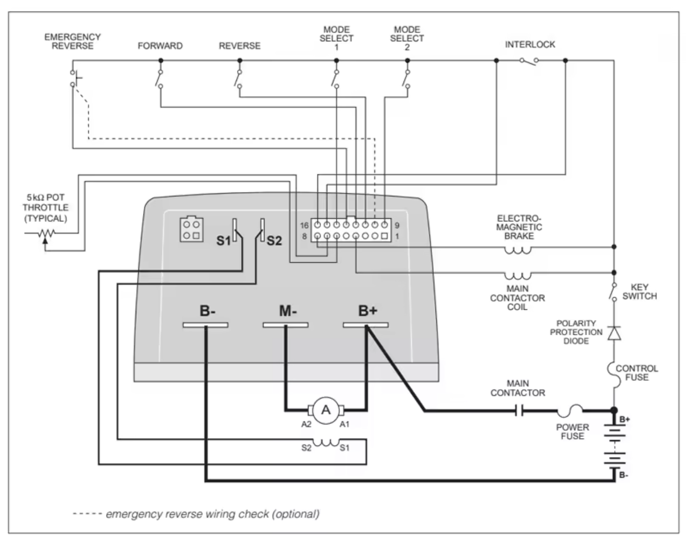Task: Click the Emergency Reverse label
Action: pyautogui.click(x=73, y=41)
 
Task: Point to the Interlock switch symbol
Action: pyautogui.click(x=529, y=61)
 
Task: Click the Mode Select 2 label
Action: pyautogui.click(x=407, y=38)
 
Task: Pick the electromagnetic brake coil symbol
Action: pyautogui.click(x=518, y=251)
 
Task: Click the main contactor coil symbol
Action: pyautogui.click(x=518, y=276)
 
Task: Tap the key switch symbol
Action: pyautogui.click(x=613, y=292)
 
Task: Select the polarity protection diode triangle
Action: pyautogui.click(x=614, y=333)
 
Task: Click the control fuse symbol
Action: pyautogui.click(x=612, y=375)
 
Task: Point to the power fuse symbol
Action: pyautogui.click(x=570, y=411)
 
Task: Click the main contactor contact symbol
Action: pyautogui.click(x=519, y=411)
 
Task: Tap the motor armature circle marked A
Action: pyautogui.click(x=326, y=411)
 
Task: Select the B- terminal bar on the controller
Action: pyautogui.click(x=206, y=325)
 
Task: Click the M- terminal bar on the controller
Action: pyautogui.click(x=286, y=325)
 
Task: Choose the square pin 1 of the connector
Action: pyautogui.click(x=384, y=236)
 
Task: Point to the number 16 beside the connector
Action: pyautogui.click(x=304, y=226)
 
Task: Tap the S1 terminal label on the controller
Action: pyautogui.click(x=223, y=241)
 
